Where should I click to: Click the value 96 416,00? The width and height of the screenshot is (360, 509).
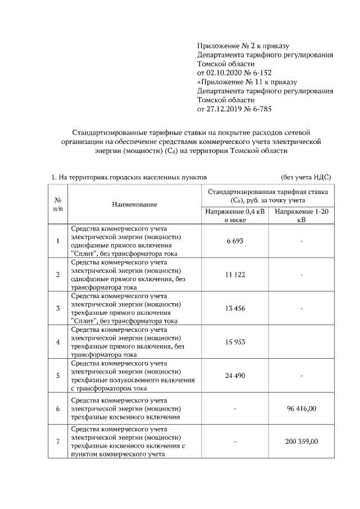point(302,408)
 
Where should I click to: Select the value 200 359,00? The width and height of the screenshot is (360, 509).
point(302,442)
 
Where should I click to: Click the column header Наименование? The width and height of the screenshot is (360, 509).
point(134,205)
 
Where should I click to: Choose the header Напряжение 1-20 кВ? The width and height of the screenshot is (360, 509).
point(301,215)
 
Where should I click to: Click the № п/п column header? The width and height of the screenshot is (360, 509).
point(57,204)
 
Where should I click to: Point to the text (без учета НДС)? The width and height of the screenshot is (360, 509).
point(305,177)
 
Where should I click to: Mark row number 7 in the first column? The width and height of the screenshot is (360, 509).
point(57,442)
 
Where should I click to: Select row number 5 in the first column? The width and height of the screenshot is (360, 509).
point(57,375)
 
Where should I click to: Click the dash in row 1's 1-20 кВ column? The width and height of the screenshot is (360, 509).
point(302,241)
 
